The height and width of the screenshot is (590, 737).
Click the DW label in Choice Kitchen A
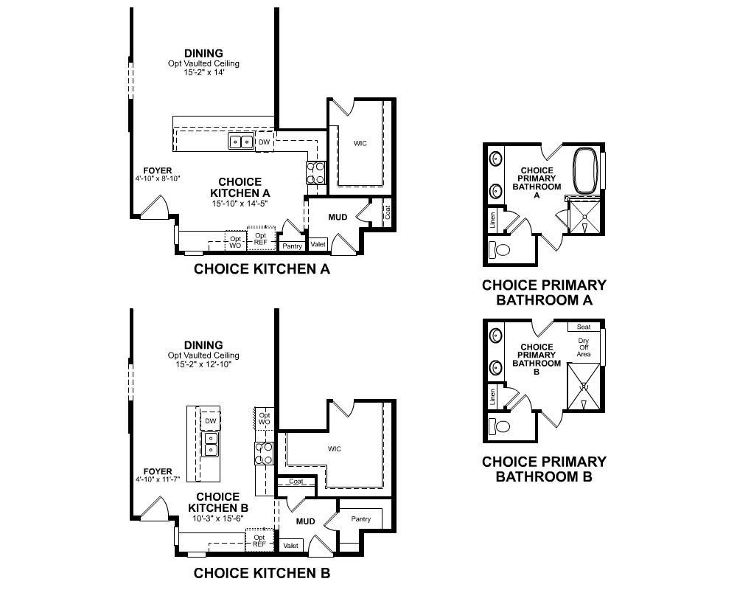click(264, 142)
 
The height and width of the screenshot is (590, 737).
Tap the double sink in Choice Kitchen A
click(241, 141)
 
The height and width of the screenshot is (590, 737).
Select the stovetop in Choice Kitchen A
click(316, 173)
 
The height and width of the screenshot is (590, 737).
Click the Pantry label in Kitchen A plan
click(292, 246)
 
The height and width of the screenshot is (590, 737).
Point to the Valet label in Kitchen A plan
click(318, 244)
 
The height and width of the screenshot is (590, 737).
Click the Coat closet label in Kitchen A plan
click(388, 212)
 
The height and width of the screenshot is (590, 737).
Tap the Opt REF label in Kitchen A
click(260, 239)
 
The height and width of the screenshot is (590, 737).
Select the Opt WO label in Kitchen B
click(265, 419)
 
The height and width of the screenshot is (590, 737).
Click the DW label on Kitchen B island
click(211, 421)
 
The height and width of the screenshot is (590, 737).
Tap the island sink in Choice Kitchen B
click(211, 445)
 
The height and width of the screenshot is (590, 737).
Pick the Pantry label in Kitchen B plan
click(361, 519)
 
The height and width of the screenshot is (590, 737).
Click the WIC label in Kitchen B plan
click(335, 449)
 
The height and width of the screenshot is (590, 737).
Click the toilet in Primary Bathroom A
click(499, 249)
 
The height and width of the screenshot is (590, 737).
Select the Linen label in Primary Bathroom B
click(492, 397)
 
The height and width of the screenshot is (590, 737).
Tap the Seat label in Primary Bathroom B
click(584, 327)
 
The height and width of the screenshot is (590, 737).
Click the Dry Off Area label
click(584, 347)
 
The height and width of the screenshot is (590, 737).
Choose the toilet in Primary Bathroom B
click(499, 426)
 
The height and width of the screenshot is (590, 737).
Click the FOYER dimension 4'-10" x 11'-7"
click(158, 479)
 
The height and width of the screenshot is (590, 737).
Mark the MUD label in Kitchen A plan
click(338, 217)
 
